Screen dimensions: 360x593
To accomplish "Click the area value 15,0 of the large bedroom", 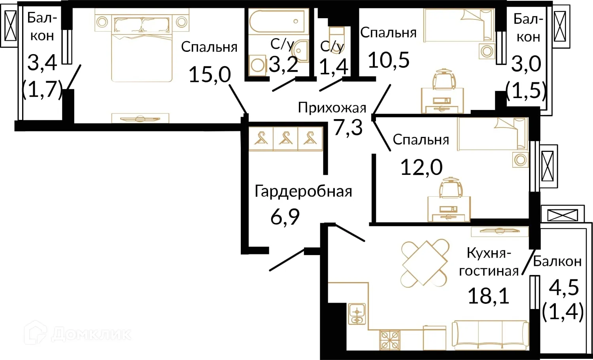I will tap(210, 74).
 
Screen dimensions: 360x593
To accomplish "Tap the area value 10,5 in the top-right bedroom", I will tap(389, 60).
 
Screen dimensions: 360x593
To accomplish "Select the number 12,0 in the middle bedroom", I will tap(421, 167).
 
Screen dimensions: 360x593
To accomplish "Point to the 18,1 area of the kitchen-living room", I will tap(488, 296).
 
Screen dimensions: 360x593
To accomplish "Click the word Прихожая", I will tap(332, 108).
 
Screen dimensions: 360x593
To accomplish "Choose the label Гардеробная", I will tap(303, 191).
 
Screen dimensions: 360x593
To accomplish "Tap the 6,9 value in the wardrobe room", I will tap(285, 216).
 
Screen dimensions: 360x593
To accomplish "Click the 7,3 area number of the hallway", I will tap(348, 127).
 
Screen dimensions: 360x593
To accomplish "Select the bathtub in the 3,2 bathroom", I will tap(277, 21).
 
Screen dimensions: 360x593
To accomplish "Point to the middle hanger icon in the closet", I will tap(285, 138).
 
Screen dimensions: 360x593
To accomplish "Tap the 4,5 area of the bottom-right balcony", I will tap(564, 287).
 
